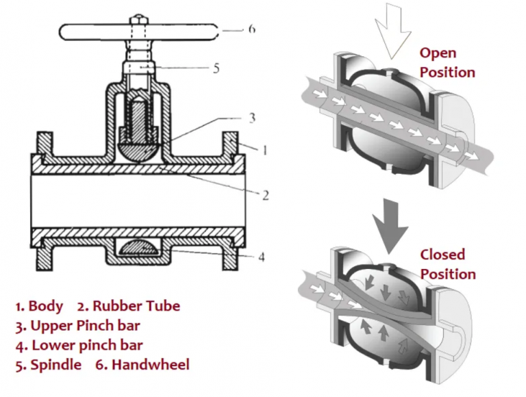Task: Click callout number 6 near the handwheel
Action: [x=253, y=30]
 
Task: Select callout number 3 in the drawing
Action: [x=251, y=118]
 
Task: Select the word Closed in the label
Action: [x=442, y=255]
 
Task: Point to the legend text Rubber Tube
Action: [x=136, y=306]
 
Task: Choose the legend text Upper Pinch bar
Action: [x=86, y=325]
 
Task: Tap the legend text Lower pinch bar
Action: [x=86, y=345]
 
